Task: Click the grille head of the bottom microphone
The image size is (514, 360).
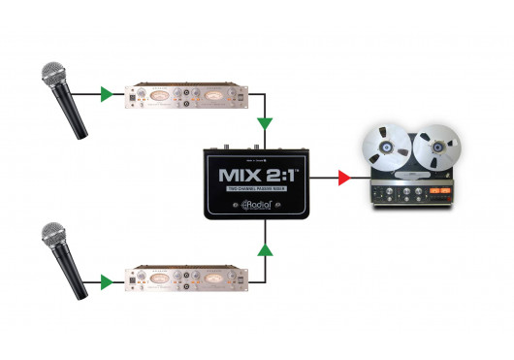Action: (x=50, y=235)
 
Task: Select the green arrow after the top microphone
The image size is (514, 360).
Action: (x=106, y=95)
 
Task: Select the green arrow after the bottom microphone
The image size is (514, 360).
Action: (x=106, y=285)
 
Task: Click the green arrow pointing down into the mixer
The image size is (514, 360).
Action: (x=264, y=124)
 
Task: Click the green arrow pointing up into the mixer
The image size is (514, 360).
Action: (x=264, y=251)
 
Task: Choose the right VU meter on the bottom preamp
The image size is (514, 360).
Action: (x=210, y=278)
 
